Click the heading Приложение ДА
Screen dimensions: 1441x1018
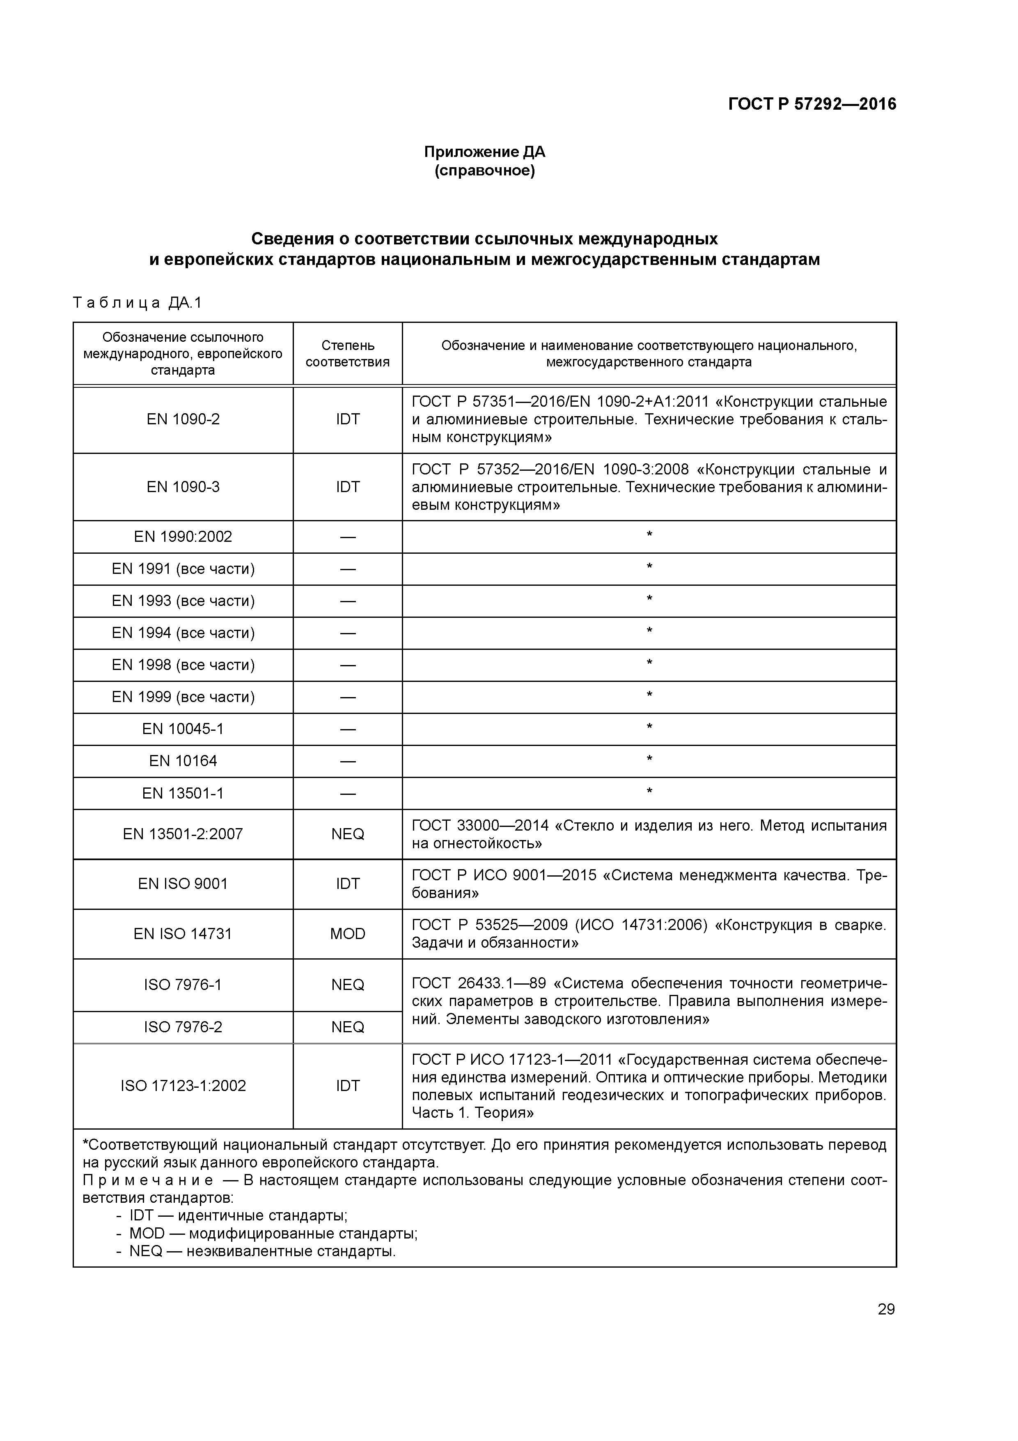click(x=484, y=152)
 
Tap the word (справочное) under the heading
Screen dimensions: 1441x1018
click(x=484, y=171)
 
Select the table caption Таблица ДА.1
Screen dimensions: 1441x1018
click(x=138, y=303)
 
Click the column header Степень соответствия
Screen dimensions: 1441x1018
click(x=348, y=353)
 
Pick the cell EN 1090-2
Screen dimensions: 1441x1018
click(x=183, y=419)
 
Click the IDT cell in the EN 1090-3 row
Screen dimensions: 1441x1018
click(x=348, y=487)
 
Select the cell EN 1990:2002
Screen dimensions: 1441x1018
click(x=183, y=536)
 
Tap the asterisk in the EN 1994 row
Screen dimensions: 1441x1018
click(x=649, y=631)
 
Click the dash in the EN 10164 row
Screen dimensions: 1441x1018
click(x=348, y=761)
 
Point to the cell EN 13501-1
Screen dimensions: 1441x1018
click(x=183, y=793)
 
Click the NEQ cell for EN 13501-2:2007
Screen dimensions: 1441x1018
click(x=348, y=834)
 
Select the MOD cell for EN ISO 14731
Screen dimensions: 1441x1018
click(x=348, y=934)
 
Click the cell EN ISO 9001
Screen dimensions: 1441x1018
click(x=183, y=884)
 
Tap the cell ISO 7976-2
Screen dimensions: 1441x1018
click(x=183, y=1027)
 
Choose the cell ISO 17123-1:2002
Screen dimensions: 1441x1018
click(x=183, y=1086)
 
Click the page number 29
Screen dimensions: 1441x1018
click(x=886, y=1309)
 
